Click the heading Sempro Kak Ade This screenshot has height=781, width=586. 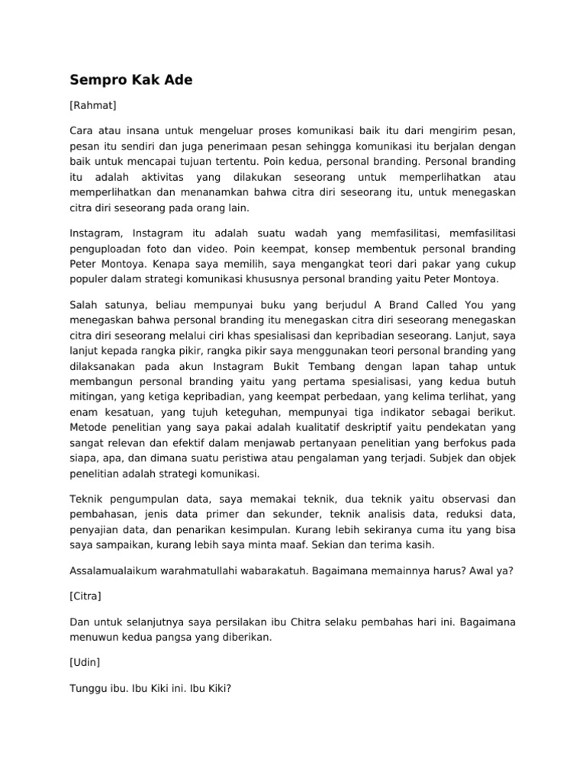click(x=131, y=79)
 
